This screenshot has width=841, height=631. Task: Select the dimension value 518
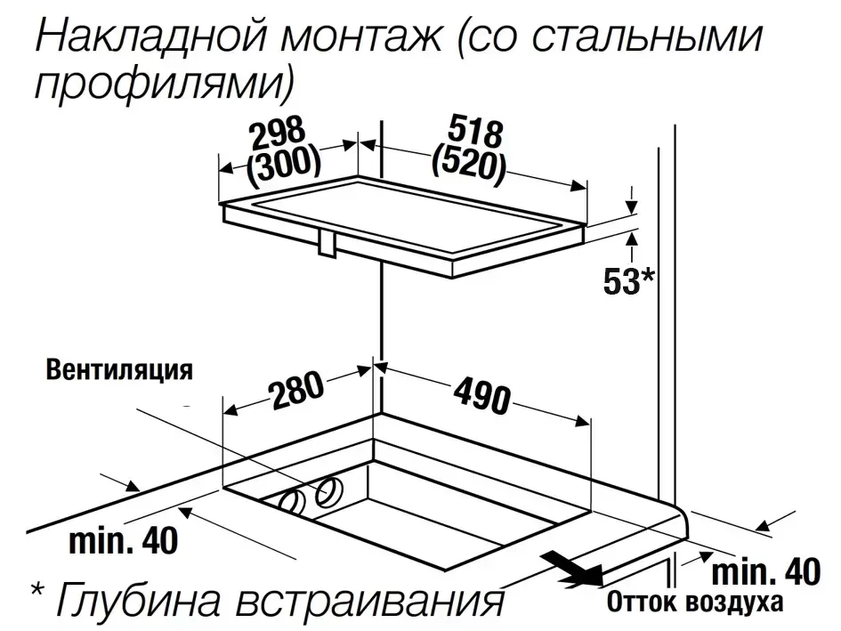(476, 131)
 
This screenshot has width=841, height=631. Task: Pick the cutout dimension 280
(296, 389)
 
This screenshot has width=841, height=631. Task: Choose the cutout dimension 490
(482, 395)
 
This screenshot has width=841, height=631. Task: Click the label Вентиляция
(119, 370)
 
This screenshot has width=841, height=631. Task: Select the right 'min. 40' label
(765, 572)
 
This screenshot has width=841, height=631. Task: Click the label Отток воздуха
(694, 602)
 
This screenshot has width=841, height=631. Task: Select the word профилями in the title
(158, 84)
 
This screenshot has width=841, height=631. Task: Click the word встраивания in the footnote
(369, 599)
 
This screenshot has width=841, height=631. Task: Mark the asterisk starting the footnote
(37, 590)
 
